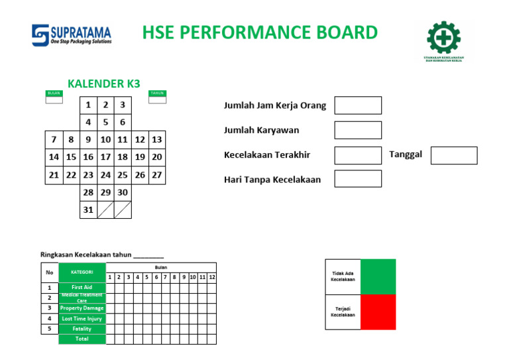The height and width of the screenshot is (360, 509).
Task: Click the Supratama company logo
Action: coord(72,34)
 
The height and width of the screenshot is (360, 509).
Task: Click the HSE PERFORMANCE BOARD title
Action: coord(260,32)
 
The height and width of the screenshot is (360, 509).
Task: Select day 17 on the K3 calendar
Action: coord(105,158)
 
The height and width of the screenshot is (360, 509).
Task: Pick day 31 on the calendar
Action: coord(88,210)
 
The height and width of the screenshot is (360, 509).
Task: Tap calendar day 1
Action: coord(88,105)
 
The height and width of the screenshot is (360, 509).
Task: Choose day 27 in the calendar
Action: coord(157,176)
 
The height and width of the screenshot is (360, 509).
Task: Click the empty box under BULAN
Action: coord(54,100)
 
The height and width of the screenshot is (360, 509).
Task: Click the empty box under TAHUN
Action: coord(158,100)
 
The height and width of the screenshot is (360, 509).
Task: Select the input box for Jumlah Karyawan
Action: coord(358,131)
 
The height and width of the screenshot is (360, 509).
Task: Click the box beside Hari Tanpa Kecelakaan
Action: coord(358,179)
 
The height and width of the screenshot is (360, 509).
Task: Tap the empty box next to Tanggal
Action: coord(454,155)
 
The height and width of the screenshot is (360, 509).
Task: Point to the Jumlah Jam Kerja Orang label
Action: coord(275,106)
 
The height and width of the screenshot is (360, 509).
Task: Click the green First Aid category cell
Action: coord(82,288)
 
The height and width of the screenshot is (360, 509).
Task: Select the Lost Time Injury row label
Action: coord(82,319)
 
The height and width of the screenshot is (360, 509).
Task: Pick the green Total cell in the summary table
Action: coord(82,339)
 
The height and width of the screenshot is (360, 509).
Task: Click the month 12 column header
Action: coord(212,277)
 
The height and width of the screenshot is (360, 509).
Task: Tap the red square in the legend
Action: coord(378,312)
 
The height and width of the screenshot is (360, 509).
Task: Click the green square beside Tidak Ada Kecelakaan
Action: coord(378,276)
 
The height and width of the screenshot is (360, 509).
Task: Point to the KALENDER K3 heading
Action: coord(104,84)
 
